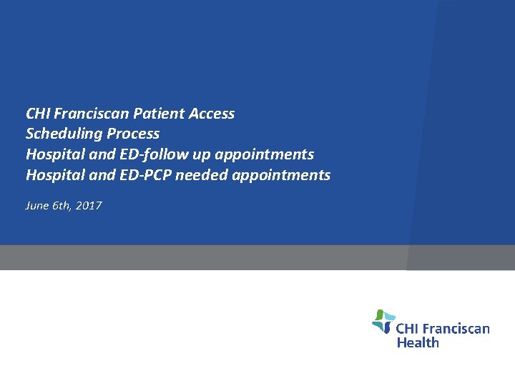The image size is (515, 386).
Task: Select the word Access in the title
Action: [210, 114]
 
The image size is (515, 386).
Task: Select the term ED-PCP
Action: [150, 175]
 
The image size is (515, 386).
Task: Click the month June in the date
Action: [36, 206]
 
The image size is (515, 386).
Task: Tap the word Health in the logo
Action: [418, 342]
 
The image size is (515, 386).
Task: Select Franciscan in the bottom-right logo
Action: [455, 329]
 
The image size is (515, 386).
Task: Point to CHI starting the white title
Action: [36, 114]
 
